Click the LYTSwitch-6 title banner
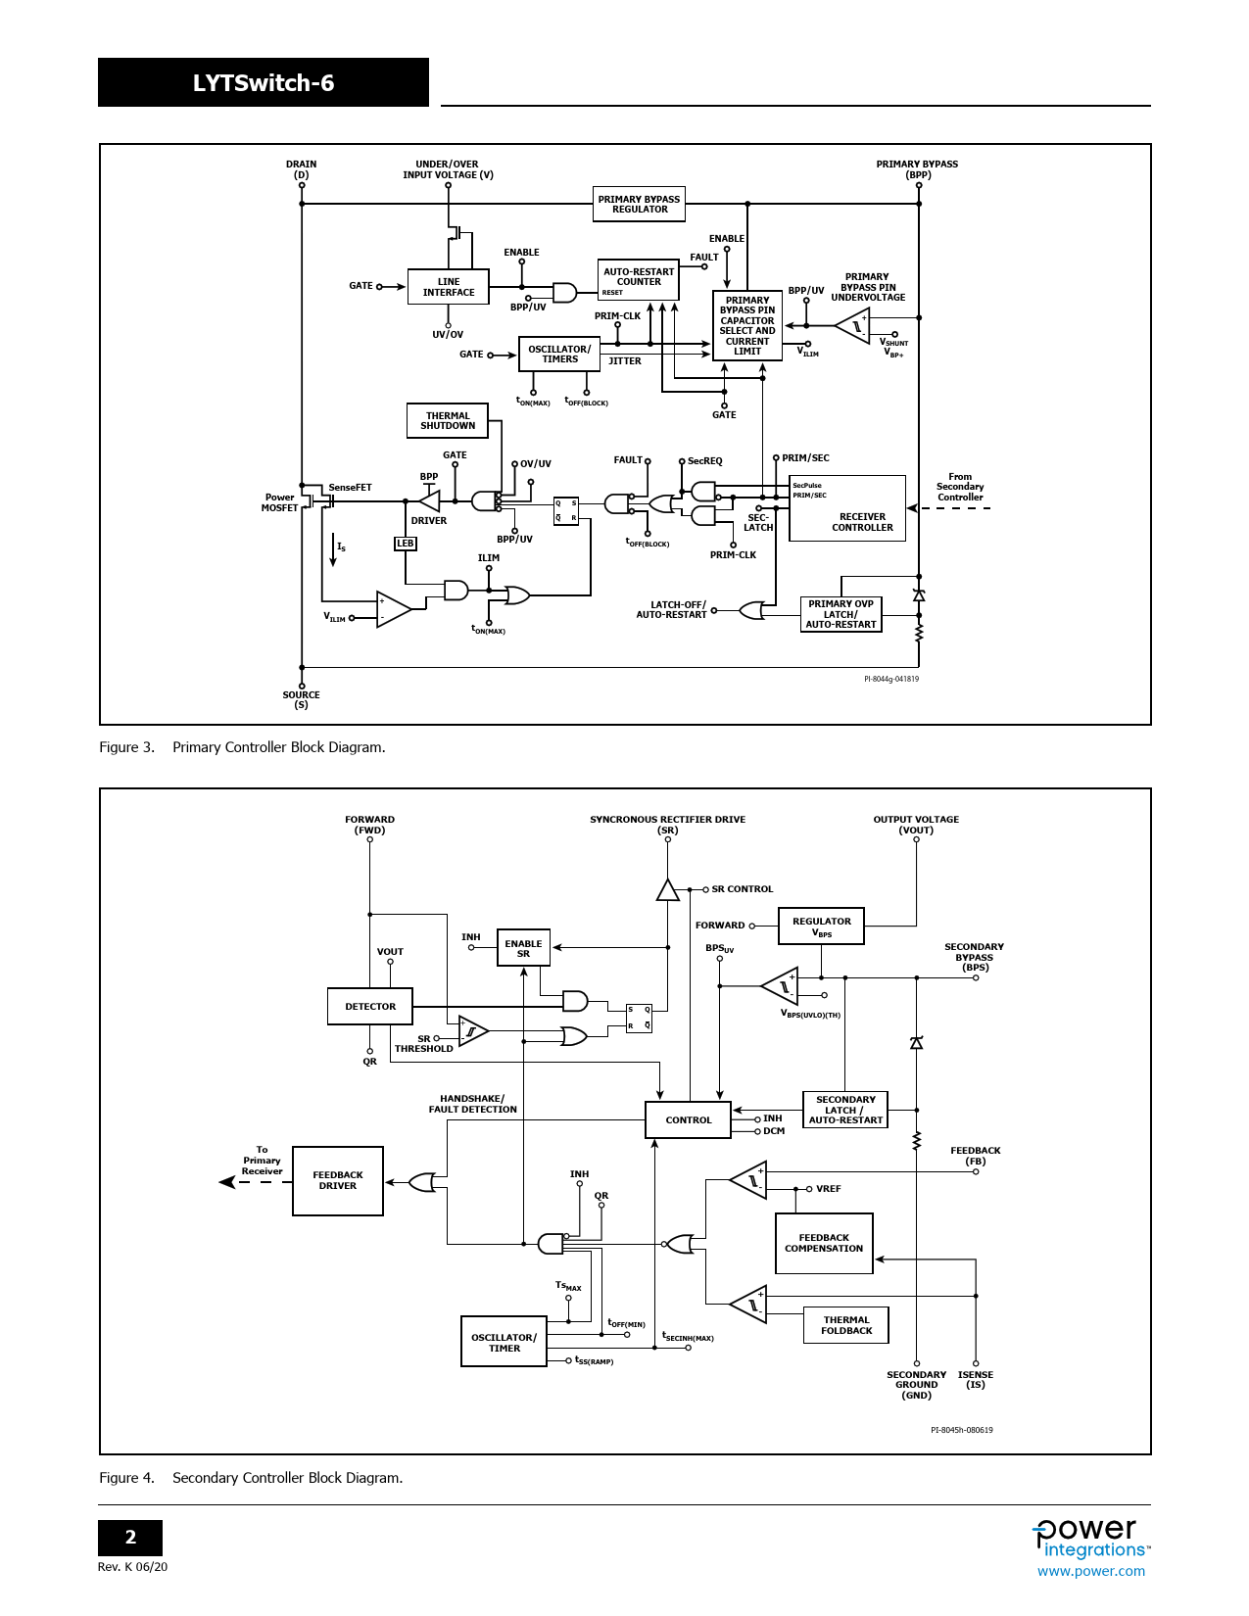click(x=263, y=82)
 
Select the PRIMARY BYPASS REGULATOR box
click(x=639, y=204)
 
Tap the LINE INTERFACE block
click(x=449, y=287)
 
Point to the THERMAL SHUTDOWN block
click(x=448, y=421)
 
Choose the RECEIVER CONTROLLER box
click(x=847, y=508)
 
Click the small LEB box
click(x=405, y=544)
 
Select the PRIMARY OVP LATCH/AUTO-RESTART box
click(x=841, y=614)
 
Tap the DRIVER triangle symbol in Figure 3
click(x=429, y=501)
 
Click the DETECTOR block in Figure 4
click(x=370, y=1006)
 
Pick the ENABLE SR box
click(x=523, y=948)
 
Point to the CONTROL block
click(x=689, y=1120)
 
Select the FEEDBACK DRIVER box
click(x=338, y=1181)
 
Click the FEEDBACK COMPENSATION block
click(x=824, y=1244)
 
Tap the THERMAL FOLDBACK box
click(x=846, y=1325)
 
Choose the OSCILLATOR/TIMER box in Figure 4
click(x=504, y=1342)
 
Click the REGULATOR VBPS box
click(x=821, y=927)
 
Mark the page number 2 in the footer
click(x=130, y=1538)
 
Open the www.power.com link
click(x=1090, y=1571)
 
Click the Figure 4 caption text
click(x=251, y=1478)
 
